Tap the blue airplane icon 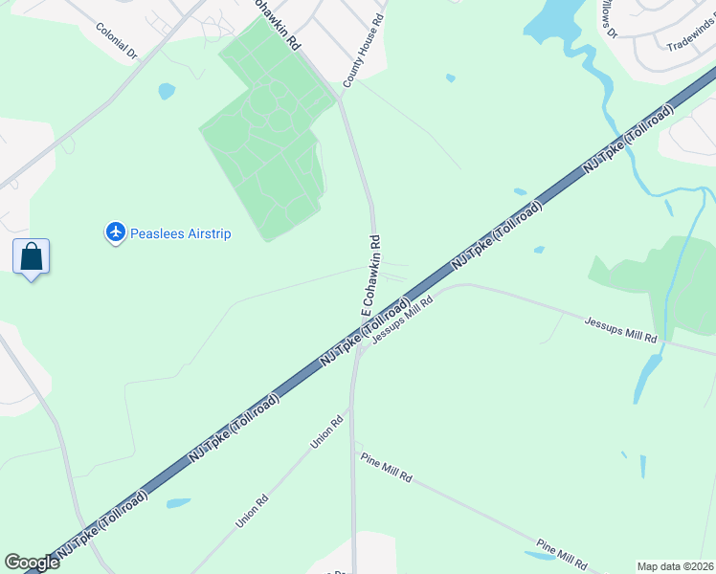(116, 232)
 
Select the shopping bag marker (32, 256)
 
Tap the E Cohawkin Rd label (371, 276)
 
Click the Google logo (32, 562)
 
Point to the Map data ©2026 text (675, 566)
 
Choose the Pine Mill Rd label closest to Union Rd (387, 468)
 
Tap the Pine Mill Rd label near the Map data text (561, 554)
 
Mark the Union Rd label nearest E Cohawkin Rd (326, 432)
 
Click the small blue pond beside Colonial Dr (167, 92)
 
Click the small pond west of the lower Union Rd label (178, 502)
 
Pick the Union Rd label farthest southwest (253, 511)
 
